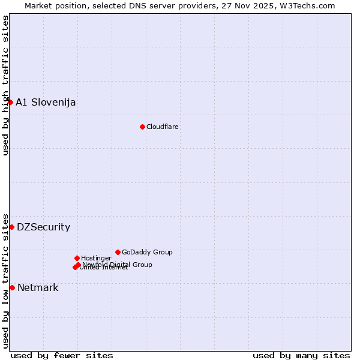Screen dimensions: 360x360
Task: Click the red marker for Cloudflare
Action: tap(142, 127)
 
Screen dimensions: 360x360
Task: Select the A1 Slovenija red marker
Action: tap(10, 102)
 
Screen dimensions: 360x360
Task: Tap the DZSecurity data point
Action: tap(11, 227)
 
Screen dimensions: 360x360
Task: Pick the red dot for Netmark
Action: tap(12, 287)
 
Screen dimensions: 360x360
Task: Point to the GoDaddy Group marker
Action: tap(118, 252)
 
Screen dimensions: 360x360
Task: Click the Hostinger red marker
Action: tap(77, 258)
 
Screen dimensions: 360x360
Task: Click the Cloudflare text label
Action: tap(163, 127)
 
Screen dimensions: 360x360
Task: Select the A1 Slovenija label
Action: tap(46, 102)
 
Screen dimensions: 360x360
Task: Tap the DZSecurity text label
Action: tap(43, 227)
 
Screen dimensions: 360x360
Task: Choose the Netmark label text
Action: tap(38, 287)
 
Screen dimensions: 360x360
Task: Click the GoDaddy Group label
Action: tap(147, 252)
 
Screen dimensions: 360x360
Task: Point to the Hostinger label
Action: tap(96, 258)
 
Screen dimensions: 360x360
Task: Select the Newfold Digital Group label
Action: tap(118, 264)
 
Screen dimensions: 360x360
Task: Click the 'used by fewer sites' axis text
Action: tap(62, 355)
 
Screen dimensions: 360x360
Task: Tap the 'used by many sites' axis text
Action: tap(301, 355)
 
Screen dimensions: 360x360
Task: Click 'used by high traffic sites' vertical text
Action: tap(5, 85)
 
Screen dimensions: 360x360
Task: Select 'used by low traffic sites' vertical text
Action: tap(5, 280)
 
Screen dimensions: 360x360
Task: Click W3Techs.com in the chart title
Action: tap(310, 5)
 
